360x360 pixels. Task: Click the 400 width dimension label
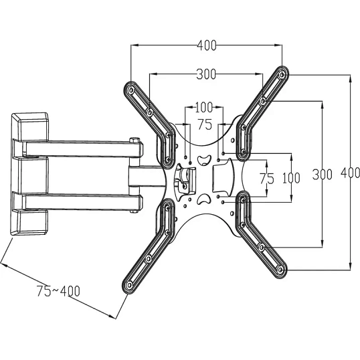tap(207, 46)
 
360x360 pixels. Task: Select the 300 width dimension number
tap(207, 74)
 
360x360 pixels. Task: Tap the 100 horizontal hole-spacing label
tap(203, 107)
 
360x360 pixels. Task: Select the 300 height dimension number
tap(322, 175)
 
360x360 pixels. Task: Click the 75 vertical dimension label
tap(267, 178)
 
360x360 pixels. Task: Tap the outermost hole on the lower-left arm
tap(128, 286)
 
